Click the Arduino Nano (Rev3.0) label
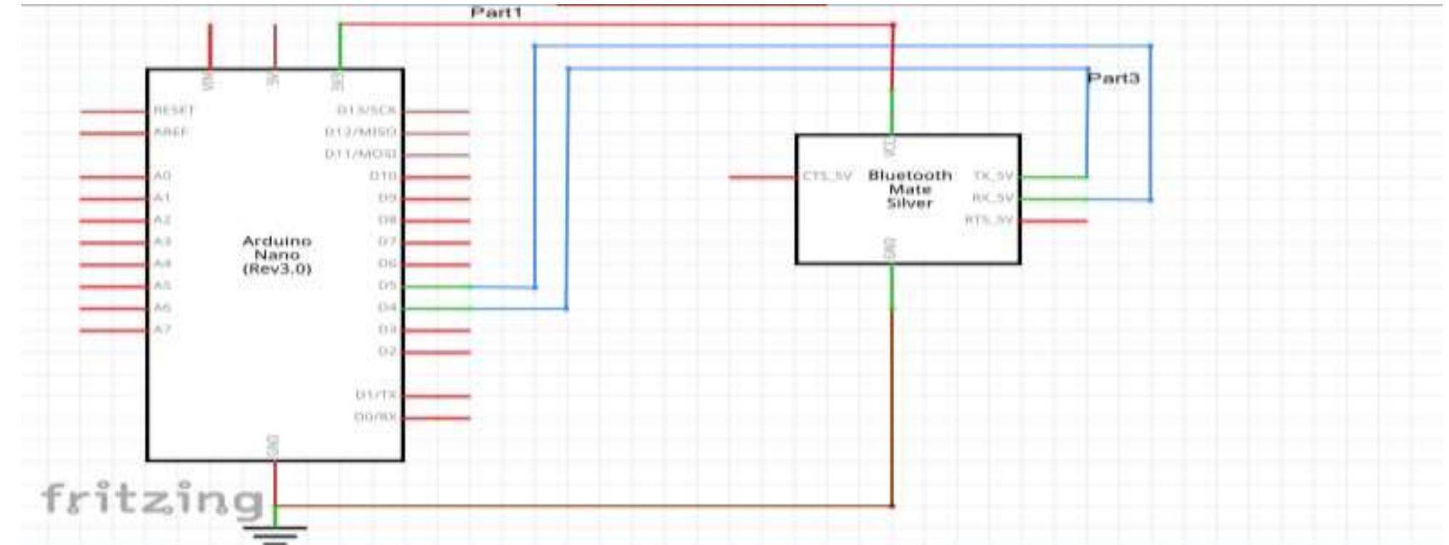click(277, 255)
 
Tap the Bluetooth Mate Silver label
click(910, 189)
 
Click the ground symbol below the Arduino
click(276, 532)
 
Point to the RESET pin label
click(174, 111)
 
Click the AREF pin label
click(171, 133)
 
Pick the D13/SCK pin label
click(366, 110)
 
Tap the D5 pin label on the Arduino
click(387, 286)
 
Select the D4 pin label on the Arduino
click(387, 308)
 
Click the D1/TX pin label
click(376, 395)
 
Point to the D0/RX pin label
click(376, 417)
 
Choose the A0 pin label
click(162, 176)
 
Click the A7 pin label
click(162, 329)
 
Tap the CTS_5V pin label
click(827, 176)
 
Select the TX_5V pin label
click(993, 176)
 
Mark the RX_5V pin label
click(993, 198)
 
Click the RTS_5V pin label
click(989, 220)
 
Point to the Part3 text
click(1113, 78)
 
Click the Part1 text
click(496, 13)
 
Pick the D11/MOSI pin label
click(361, 154)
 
